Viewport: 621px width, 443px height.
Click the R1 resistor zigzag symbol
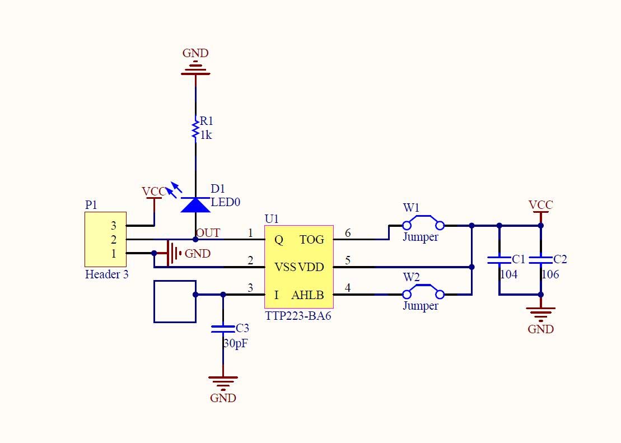pos(195,129)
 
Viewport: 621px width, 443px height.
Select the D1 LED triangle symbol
pos(195,205)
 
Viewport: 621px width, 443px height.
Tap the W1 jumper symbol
pos(423,223)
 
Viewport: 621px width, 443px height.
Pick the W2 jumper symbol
pos(423,292)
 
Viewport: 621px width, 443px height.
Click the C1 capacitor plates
pos(499,260)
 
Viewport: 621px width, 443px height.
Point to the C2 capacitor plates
pos(540,260)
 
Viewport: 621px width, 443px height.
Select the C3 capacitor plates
pos(223,329)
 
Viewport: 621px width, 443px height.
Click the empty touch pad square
pos(175,301)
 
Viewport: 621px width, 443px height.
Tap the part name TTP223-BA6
pos(298,315)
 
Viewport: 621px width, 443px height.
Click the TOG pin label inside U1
pos(312,240)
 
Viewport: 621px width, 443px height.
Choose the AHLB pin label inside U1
pos(307,295)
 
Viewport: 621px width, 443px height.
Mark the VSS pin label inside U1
pos(285,267)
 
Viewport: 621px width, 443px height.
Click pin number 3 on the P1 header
pos(113,226)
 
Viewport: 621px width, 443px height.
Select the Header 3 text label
pos(106,274)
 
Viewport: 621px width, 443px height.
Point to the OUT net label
pos(208,233)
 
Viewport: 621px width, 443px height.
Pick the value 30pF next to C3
pos(235,343)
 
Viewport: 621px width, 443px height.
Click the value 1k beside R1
pos(206,135)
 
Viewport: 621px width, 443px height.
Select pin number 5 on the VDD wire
pos(348,260)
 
